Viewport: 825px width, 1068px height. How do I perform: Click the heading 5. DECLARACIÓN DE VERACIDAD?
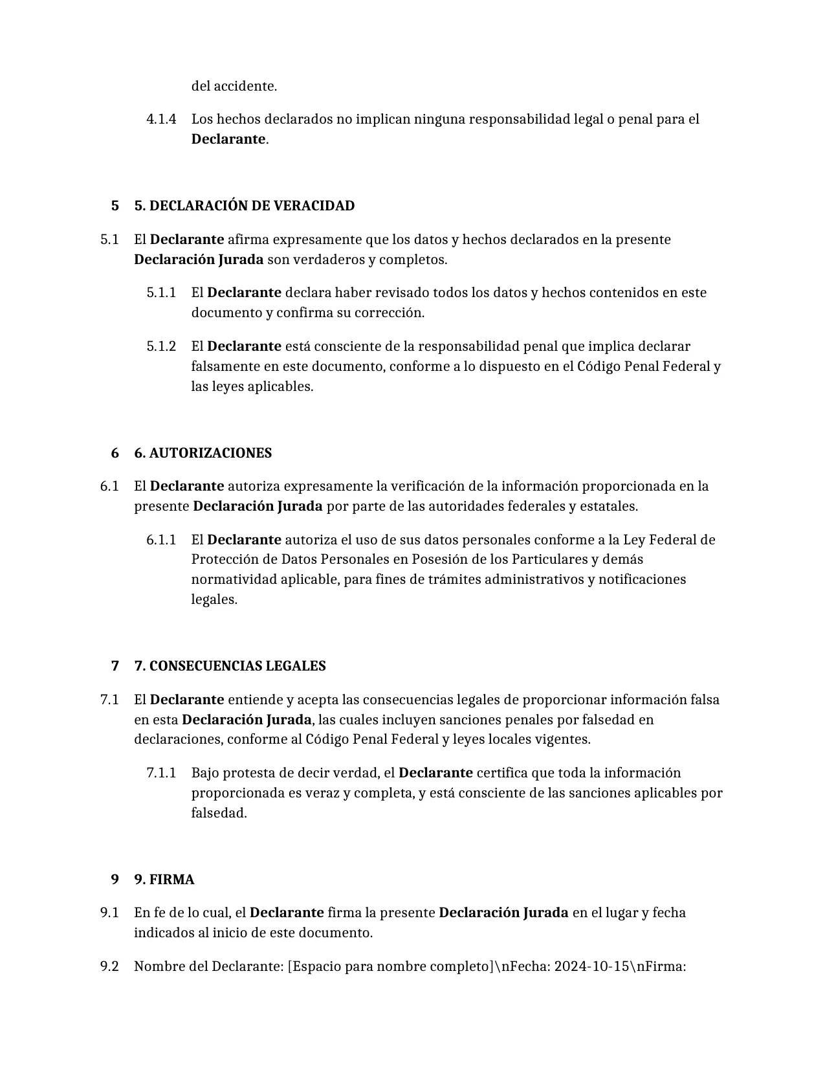[x=244, y=206]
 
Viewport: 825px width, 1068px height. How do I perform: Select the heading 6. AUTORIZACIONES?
[x=203, y=453]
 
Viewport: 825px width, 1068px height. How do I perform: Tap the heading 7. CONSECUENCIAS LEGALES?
[x=230, y=666]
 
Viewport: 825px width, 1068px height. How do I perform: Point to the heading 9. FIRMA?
[x=164, y=880]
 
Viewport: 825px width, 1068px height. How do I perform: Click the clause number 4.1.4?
[x=161, y=119]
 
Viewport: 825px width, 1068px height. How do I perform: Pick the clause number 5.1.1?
[x=161, y=293]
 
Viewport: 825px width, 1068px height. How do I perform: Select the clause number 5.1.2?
[x=161, y=346]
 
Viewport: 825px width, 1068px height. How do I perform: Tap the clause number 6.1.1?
[x=161, y=540]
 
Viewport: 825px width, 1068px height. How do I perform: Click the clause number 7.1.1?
[x=161, y=773]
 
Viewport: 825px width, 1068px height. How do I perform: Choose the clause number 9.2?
[x=109, y=966]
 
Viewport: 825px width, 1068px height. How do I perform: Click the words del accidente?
[x=234, y=86]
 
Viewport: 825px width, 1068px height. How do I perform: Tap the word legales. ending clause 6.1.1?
[x=214, y=599]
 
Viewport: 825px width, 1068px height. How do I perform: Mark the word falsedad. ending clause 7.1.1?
[x=219, y=813]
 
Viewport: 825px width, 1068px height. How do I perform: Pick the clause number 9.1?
[x=109, y=913]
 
